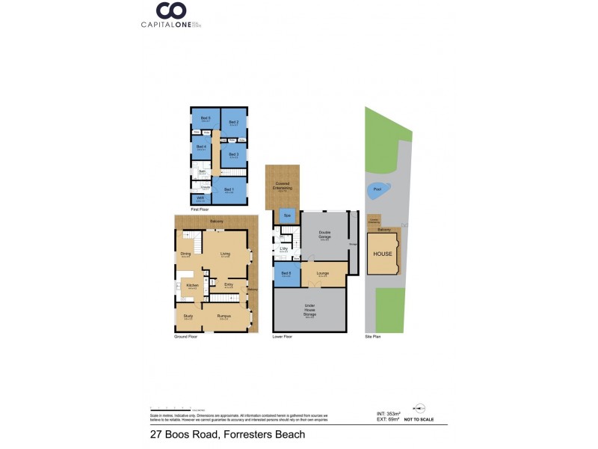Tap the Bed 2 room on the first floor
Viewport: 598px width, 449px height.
pyautogui.click(x=233, y=122)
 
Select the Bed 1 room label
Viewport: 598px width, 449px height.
pyautogui.click(x=229, y=190)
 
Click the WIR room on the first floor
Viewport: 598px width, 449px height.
pyautogui.click(x=200, y=199)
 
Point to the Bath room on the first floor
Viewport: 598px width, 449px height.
pyautogui.click(x=202, y=172)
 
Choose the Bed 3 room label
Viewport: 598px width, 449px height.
pyautogui.click(x=233, y=155)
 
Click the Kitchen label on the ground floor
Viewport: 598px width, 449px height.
pyautogui.click(x=191, y=287)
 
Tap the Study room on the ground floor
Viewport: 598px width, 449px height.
pyautogui.click(x=188, y=317)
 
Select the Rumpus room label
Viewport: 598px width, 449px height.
pyautogui.click(x=223, y=317)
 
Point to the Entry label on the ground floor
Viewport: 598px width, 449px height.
pyautogui.click(x=229, y=284)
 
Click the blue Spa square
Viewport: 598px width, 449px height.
pyautogui.click(x=287, y=216)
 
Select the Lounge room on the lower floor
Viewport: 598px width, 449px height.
pyautogui.click(x=323, y=274)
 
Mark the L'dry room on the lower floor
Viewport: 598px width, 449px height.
pyautogui.click(x=284, y=248)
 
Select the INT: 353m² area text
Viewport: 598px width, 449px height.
pyautogui.click(x=388, y=413)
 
